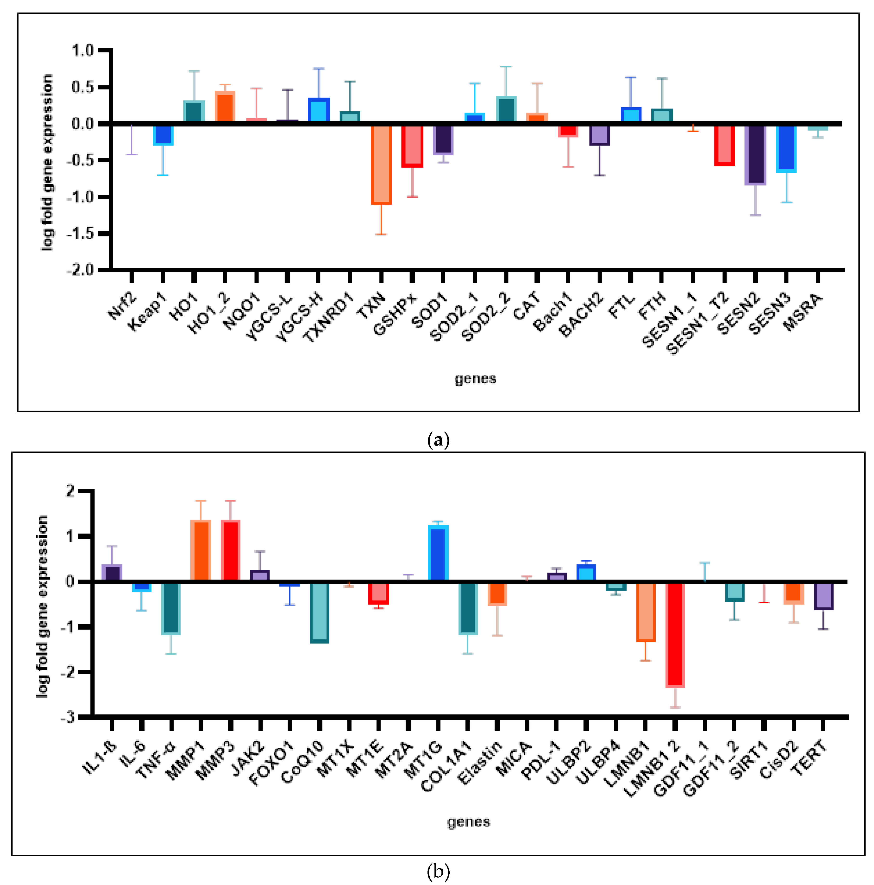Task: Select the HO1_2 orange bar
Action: pyautogui.click(x=225, y=108)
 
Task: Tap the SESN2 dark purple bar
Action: pyautogui.click(x=755, y=155)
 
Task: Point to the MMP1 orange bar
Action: pyautogui.click(x=200, y=551)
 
